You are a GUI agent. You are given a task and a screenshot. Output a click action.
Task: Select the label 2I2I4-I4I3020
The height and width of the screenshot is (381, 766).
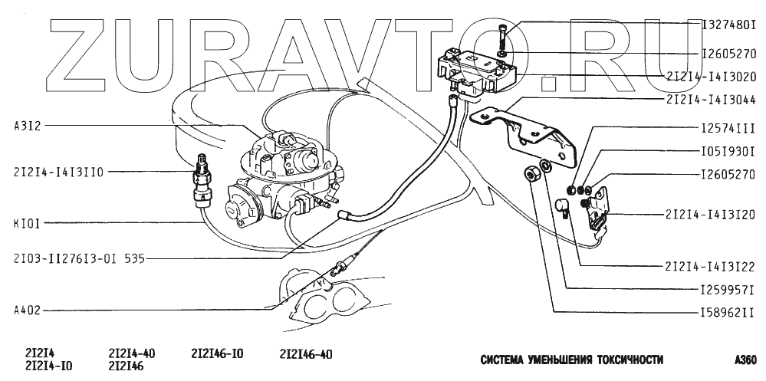click(x=711, y=77)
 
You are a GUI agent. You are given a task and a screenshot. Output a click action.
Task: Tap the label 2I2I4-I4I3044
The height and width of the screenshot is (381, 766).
click(x=711, y=99)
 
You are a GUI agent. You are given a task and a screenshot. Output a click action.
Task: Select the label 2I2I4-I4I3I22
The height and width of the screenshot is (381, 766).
click(x=711, y=268)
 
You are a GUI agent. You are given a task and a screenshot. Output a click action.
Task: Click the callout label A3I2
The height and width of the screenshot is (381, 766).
click(x=25, y=125)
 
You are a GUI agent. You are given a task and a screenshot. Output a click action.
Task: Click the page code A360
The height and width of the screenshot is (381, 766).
click(x=745, y=359)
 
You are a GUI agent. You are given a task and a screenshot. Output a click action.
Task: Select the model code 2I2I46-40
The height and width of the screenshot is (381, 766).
click(x=306, y=353)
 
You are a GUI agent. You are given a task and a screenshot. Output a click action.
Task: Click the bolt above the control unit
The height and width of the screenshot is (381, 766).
click(x=502, y=34)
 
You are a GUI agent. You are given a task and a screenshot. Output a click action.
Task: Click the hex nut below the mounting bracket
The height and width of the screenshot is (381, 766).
click(x=530, y=174)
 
